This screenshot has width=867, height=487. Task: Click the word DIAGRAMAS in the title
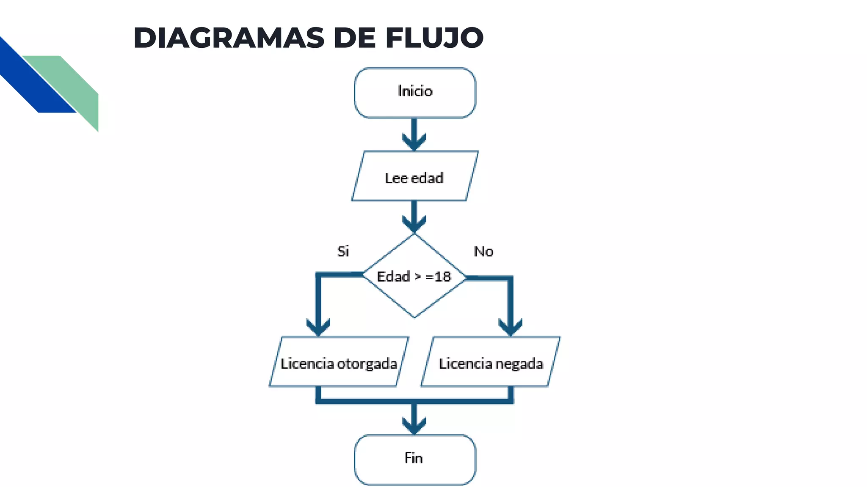pyautogui.click(x=229, y=38)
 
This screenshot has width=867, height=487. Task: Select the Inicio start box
pyautogui.click(x=415, y=93)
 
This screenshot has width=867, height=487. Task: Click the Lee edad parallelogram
pyautogui.click(x=415, y=176)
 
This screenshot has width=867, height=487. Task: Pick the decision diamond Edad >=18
pyautogui.click(x=414, y=292)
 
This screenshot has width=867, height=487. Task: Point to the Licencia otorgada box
pyautogui.click(x=339, y=362)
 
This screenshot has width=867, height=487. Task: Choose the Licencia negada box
pyautogui.click(x=491, y=362)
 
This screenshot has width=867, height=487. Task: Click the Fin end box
pyautogui.click(x=415, y=460)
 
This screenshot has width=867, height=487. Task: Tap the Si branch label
pyautogui.click(x=343, y=251)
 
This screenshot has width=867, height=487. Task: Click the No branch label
pyautogui.click(x=483, y=251)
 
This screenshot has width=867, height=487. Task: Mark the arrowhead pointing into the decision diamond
pyautogui.click(x=414, y=224)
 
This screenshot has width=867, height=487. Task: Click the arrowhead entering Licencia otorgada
pyautogui.click(x=318, y=327)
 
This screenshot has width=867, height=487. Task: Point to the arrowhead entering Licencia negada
pyautogui.click(x=511, y=327)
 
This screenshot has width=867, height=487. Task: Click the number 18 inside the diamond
pyautogui.click(x=443, y=276)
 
